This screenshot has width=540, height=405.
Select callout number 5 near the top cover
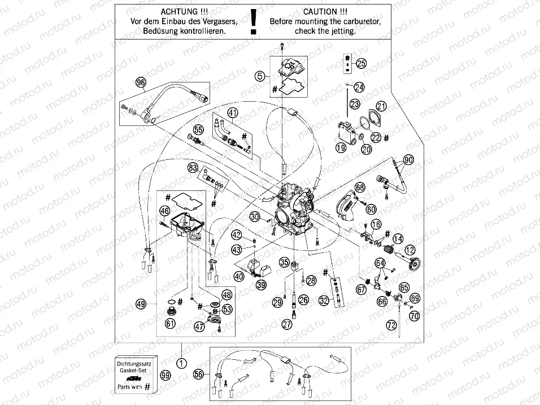point(259,76)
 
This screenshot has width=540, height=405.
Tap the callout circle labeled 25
point(361,63)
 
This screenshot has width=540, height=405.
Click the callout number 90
point(408,160)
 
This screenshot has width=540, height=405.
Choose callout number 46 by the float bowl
point(164,211)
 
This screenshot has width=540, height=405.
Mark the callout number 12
point(409,249)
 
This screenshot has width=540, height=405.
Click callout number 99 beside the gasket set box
point(165,374)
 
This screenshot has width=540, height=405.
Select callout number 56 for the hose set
point(198,374)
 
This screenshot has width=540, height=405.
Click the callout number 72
point(391,325)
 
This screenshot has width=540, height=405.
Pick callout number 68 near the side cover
point(360,186)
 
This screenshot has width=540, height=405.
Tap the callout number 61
point(169,323)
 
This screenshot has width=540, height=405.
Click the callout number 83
point(193,168)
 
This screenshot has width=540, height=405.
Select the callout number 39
point(260,286)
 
